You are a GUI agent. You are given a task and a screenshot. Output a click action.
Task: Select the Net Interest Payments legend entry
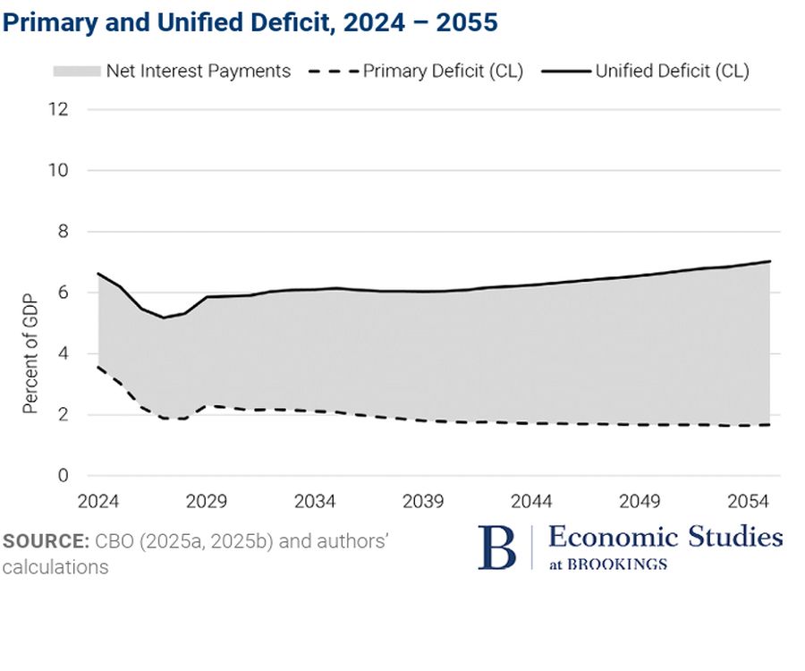click(198, 71)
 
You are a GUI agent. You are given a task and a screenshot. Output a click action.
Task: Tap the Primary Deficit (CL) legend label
click(443, 71)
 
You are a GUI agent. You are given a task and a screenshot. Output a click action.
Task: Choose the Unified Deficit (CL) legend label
click(672, 71)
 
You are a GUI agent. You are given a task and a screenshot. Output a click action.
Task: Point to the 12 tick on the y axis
click(59, 109)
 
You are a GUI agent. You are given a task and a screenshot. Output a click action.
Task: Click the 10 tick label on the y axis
click(59, 170)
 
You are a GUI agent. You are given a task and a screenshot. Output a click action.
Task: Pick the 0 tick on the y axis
click(63, 476)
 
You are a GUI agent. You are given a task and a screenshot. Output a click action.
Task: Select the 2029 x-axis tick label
click(207, 501)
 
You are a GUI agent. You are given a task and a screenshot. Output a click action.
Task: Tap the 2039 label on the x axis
click(422, 501)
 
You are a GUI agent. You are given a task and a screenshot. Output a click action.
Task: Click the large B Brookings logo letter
click(497, 548)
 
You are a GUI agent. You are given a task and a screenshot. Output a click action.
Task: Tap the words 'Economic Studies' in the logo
click(665, 537)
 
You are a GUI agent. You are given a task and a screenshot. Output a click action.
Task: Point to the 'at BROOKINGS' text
click(607, 564)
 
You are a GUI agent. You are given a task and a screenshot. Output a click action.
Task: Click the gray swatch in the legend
click(76, 71)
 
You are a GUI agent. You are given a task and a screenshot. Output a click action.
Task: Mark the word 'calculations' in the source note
click(55, 567)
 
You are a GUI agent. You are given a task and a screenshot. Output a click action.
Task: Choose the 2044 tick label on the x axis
click(530, 501)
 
